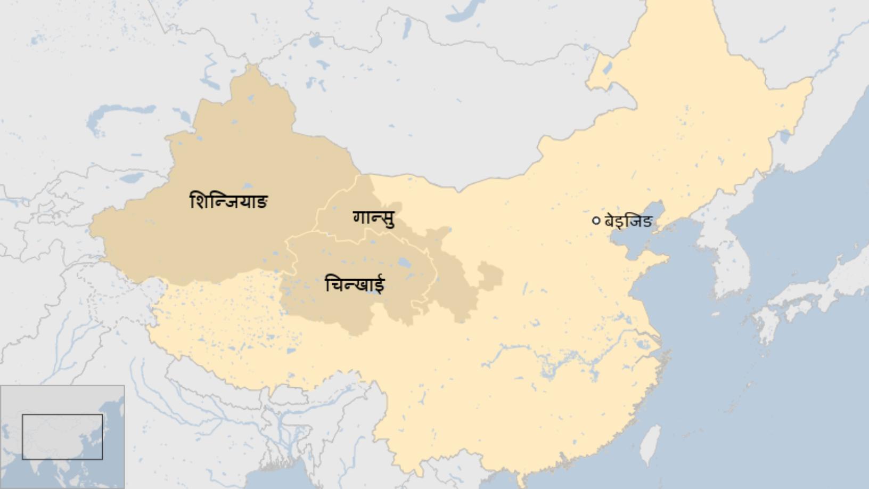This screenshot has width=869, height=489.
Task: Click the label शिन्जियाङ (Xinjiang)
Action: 228,201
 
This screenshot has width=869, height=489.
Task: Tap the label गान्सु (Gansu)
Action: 374,218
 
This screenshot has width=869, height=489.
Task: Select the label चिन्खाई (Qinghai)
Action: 354,284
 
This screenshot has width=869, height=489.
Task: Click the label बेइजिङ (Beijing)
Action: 628,221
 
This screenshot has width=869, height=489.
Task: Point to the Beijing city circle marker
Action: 596,221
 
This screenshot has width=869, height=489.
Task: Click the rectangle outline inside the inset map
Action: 62,436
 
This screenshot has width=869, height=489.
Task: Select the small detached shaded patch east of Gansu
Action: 490,275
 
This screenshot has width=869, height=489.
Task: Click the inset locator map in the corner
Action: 62,437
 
